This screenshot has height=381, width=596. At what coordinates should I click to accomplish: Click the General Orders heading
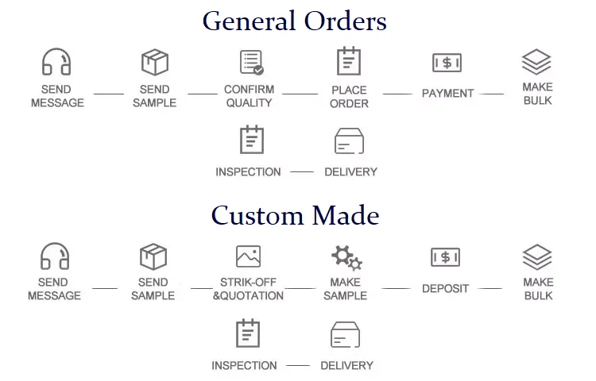pyautogui.click(x=294, y=21)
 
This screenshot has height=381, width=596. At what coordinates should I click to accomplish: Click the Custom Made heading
pyautogui.click(x=295, y=215)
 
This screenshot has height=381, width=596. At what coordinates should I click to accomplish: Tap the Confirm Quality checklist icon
pyautogui.click(x=251, y=62)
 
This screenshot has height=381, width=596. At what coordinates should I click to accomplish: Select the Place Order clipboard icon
pyautogui.click(x=348, y=61)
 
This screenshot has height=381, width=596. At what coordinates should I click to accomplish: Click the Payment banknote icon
pyautogui.click(x=447, y=63)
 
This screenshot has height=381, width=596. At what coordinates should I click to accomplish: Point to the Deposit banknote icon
pyautogui.click(x=445, y=257)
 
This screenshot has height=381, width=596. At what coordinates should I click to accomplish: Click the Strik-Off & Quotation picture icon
pyautogui.click(x=248, y=256)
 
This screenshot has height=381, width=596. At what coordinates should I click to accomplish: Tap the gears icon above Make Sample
pyautogui.click(x=346, y=257)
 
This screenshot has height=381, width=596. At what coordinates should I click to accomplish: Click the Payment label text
pyautogui.click(x=447, y=94)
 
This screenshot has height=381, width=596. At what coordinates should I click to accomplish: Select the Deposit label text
pyautogui.click(x=445, y=289)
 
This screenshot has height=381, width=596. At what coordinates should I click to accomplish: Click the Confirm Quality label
pyautogui.click(x=249, y=96)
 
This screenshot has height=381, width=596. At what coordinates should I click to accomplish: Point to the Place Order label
pyautogui.click(x=349, y=96)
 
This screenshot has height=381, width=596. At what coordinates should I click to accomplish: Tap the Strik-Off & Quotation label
pyautogui.click(x=248, y=289)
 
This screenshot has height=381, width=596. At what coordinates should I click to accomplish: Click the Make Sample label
pyautogui.click(x=346, y=289)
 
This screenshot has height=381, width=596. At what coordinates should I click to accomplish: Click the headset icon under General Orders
pyautogui.click(x=56, y=62)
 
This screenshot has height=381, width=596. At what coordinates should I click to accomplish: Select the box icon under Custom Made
pyautogui.click(x=153, y=256)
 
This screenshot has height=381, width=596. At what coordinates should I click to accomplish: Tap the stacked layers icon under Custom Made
pyautogui.click(x=537, y=256)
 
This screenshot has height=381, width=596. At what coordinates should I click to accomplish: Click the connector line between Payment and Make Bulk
pyautogui.click(x=492, y=94)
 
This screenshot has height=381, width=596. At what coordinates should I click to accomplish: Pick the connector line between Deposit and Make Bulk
pyautogui.click(x=490, y=289)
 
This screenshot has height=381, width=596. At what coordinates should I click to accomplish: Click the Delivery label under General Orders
pyautogui.click(x=350, y=171)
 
